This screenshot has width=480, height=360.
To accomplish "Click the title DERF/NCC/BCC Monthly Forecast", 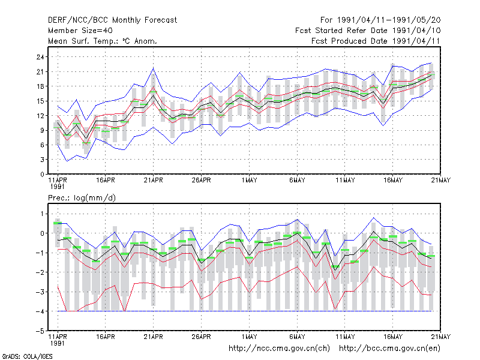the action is point(112,20).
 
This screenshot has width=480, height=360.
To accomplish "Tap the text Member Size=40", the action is point(80,31).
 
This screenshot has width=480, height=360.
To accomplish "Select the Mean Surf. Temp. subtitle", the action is point(102,41).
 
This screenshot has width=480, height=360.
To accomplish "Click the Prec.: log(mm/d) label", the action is point(82,198).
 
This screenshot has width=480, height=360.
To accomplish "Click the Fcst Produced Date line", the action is point(376,41).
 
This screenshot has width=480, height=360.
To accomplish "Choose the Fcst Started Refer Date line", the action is point(368,31).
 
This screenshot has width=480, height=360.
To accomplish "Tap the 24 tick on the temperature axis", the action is point(40,57).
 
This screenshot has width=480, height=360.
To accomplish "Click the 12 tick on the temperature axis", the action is point(40,116).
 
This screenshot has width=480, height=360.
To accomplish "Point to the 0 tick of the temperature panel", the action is point(42,174).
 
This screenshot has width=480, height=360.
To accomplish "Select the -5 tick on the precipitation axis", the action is point(40,331).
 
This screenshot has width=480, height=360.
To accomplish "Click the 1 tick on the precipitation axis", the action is point(42,214).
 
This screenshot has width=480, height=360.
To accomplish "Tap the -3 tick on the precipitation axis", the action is point(40,292).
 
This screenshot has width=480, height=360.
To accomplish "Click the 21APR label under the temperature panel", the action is point(154,180).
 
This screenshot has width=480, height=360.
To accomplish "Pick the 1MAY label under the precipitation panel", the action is point(249,337).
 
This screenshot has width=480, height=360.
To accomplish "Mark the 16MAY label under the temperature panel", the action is point(393,180).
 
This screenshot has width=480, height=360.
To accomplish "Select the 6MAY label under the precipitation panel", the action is point(297,337).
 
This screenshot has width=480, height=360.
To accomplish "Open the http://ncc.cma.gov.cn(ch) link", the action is point(279,349).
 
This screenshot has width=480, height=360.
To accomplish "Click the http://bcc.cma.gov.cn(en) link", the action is point(389,349).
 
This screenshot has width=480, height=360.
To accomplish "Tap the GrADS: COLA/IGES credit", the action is point(27,356).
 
